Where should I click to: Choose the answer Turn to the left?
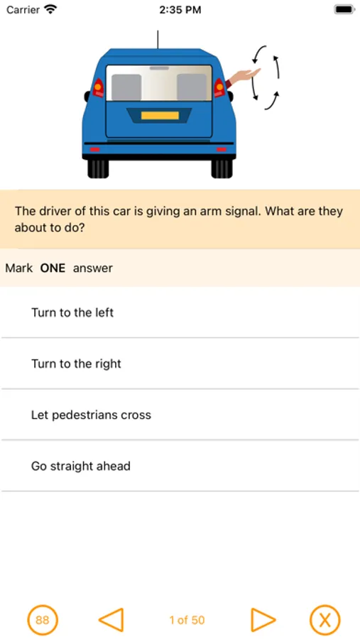pos(72,312)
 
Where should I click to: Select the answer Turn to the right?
pos(76,364)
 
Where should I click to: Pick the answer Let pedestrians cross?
pos(91,415)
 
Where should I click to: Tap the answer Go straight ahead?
pos(81,466)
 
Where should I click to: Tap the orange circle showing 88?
pos(43,621)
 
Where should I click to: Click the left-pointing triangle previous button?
pos(111,621)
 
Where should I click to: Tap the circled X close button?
pos(324,621)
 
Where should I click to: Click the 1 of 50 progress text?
pos(187,621)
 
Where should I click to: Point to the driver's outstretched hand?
pos(247,75)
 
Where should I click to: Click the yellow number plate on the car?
pos(160,115)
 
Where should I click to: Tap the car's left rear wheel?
pos(98,168)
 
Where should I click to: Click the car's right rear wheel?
pos(222,168)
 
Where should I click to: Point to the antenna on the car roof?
pos(158,40)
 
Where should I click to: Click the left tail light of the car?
pos(98,87)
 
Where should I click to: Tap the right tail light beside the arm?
pos(219,87)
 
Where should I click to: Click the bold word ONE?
pos(53,268)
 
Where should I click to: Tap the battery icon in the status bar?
pos(344,10)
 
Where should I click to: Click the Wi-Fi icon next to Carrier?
pos(50,9)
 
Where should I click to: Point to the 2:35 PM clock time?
pos(180,10)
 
